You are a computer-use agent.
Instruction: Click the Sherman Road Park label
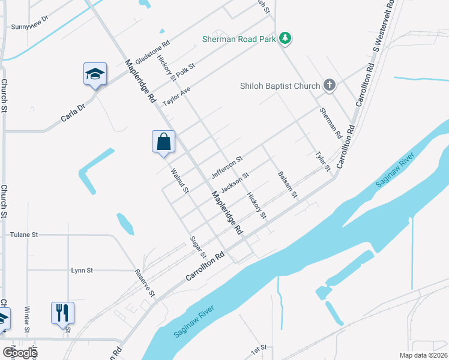(238, 39)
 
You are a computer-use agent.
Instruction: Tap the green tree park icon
(286, 39)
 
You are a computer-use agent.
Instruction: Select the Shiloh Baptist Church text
(280, 86)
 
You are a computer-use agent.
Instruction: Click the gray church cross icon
(329, 85)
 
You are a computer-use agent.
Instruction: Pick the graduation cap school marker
(95, 74)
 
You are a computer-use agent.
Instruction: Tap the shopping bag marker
(163, 142)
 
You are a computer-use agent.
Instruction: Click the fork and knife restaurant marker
(62, 313)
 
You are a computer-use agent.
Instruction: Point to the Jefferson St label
(227, 167)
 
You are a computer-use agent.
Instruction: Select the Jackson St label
(235, 182)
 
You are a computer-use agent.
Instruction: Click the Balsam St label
(288, 184)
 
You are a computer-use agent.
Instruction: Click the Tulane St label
(24, 235)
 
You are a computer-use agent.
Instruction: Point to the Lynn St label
(82, 271)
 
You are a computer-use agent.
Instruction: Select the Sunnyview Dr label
(29, 27)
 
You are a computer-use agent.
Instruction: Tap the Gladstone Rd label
(153, 53)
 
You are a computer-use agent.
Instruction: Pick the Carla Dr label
(73, 112)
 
